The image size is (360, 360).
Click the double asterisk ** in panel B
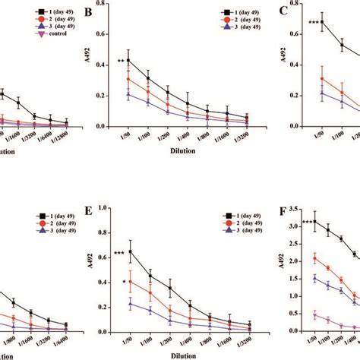(121, 62)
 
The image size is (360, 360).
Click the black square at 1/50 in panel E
(130, 251)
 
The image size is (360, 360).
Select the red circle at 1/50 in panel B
(129, 79)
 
